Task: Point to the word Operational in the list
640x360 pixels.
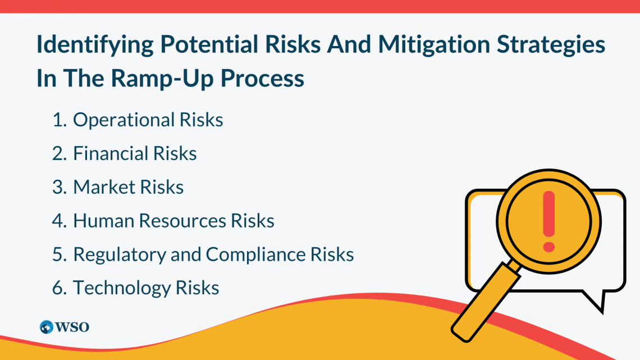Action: (124, 120)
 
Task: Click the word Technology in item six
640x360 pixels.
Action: (122, 288)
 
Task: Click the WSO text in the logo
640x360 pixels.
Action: (72, 327)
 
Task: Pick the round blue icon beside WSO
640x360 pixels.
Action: (46, 327)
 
